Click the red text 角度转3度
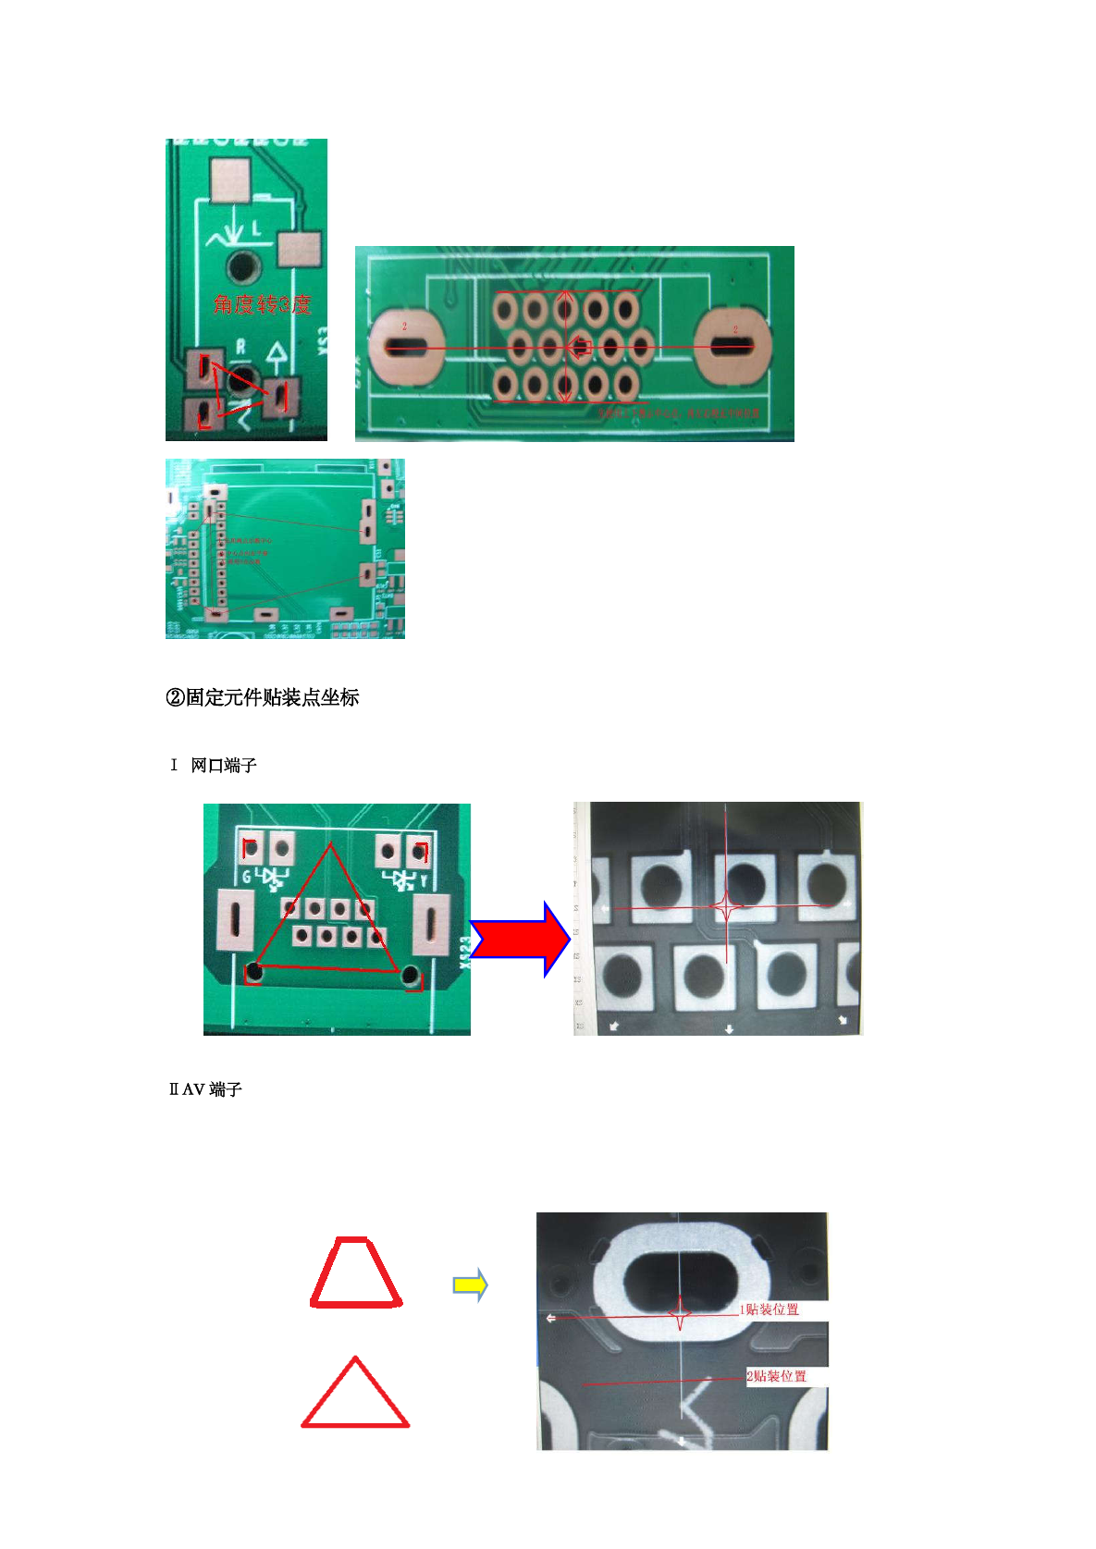coord(262,304)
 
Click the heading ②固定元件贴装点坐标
coord(262,697)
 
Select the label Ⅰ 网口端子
coord(214,765)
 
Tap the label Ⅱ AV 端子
coord(205,1089)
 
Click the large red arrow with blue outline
coord(521,940)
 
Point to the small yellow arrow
coord(470,1285)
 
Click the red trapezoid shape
coord(356,1272)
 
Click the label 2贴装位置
coord(777,1376)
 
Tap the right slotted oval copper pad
coord(732,347)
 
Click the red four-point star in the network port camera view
coord(727,907)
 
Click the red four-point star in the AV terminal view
coord(680,1314)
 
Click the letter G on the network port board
coord(246,877)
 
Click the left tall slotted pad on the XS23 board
coord(235,920)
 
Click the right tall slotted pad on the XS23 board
coord(430,925)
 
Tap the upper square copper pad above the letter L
coord(230,180)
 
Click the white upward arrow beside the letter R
coord(276,354)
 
